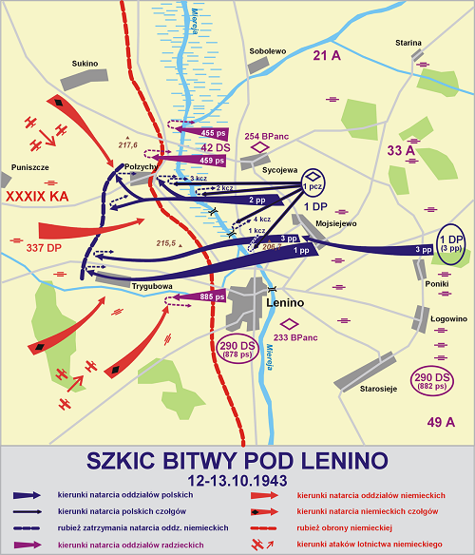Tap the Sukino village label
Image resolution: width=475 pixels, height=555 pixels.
pyautogui.click(x=85, y=64)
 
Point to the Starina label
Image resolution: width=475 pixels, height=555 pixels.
pyautogui.click(x=409, y=43)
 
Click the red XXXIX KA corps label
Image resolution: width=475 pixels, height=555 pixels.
pyautogui.click(x=37, y=197)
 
